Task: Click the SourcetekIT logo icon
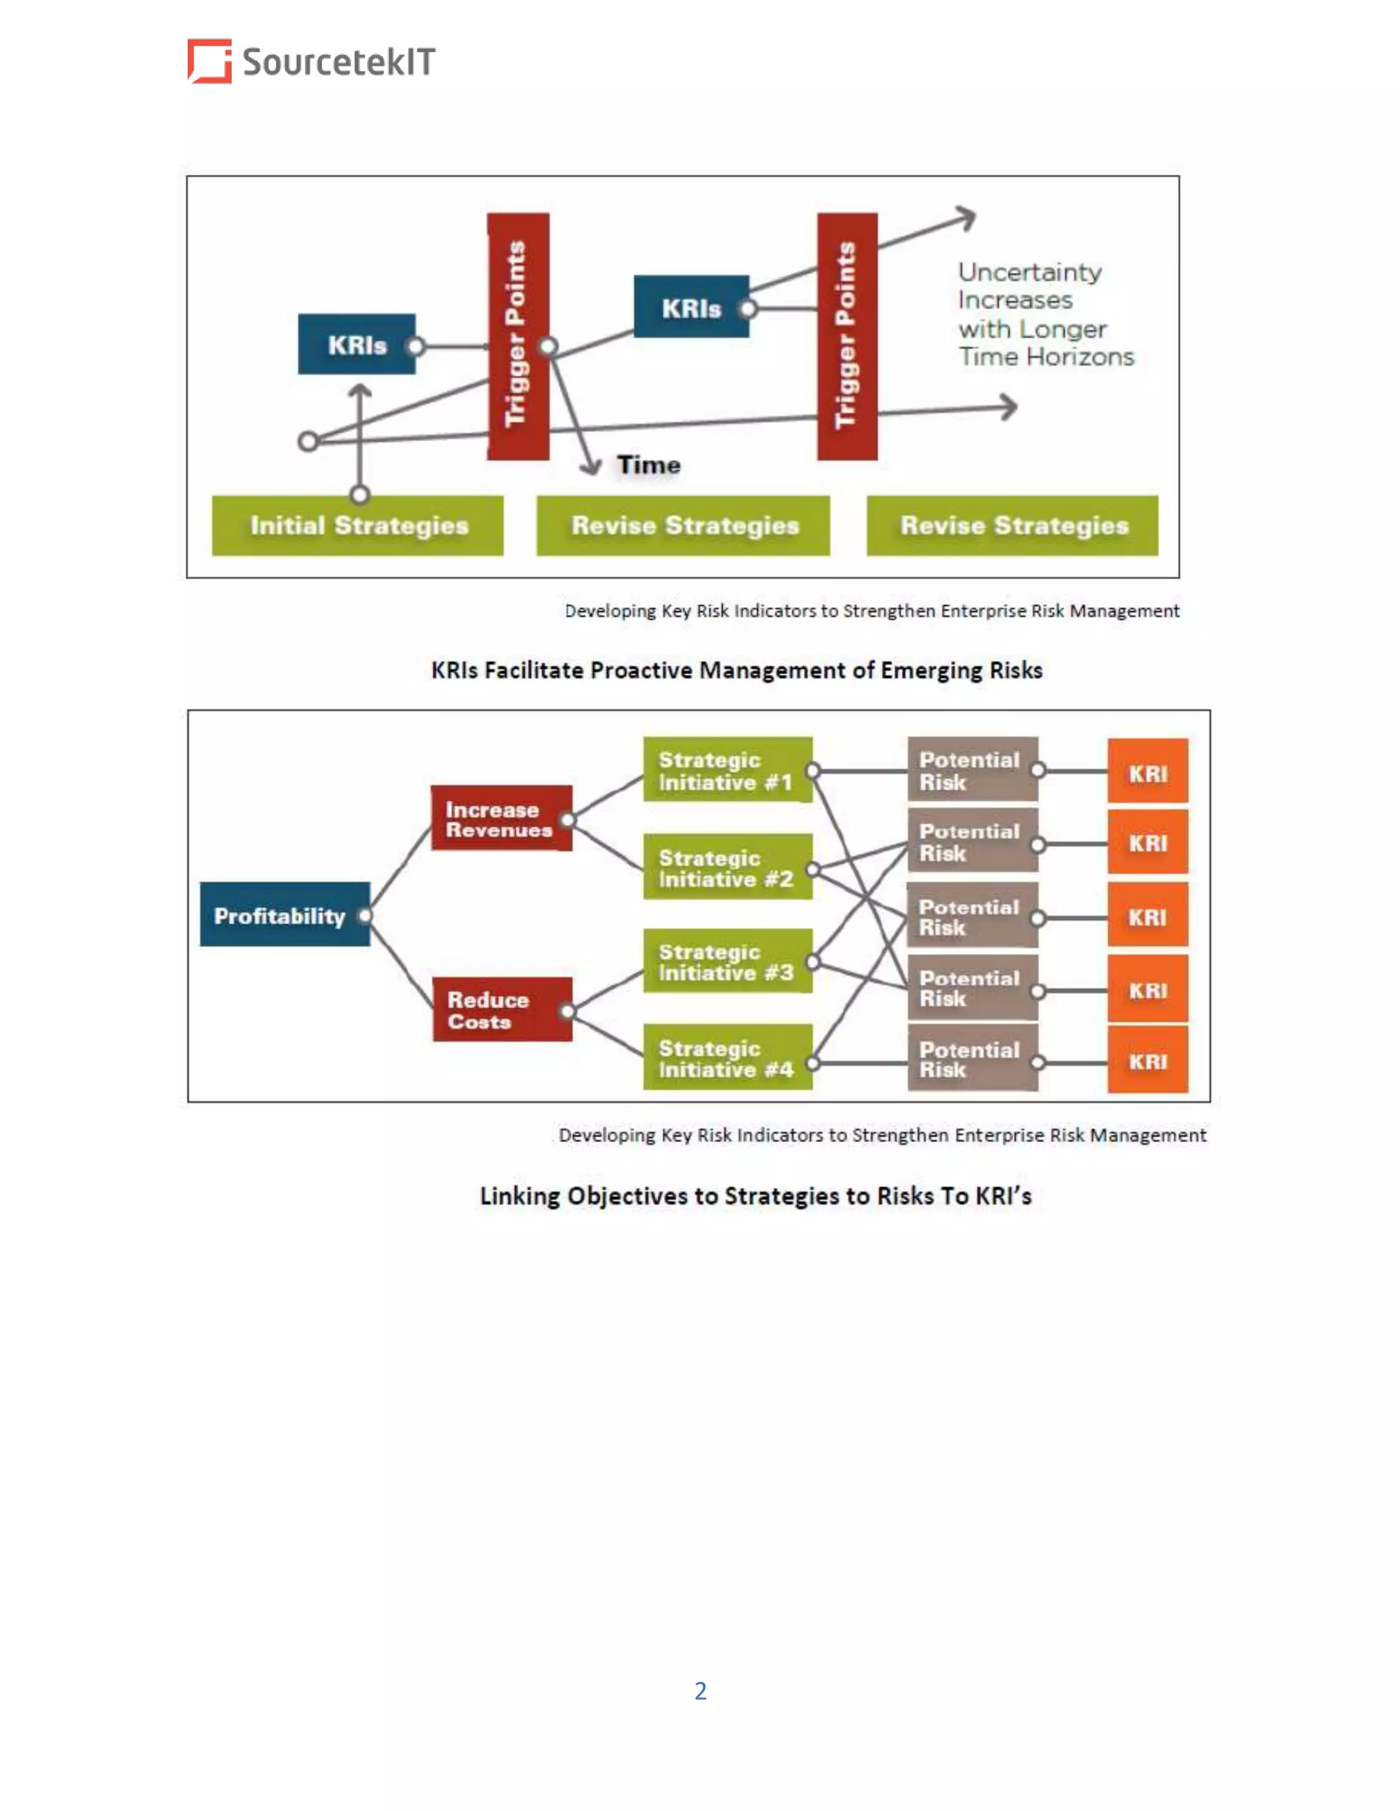tap(209, 61)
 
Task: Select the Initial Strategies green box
tap(358, 526)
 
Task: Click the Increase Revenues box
tap(501, 819)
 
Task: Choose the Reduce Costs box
tap(501, 1010)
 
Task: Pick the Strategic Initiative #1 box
tap(727, 770)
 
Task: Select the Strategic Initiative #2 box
tap(727, 867)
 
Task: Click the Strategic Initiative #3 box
tap(727, 962)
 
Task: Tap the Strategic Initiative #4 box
tap(727, 1058)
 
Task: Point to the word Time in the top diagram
tap(649, 465)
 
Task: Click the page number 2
tap(701, 1691)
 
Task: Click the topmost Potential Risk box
tap(972, 770)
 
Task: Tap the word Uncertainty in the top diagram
tap(1029, 272)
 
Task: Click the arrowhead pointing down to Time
tap(591, 467)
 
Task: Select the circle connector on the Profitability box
tap(365, 916)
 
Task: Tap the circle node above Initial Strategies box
tap(359, 495)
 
